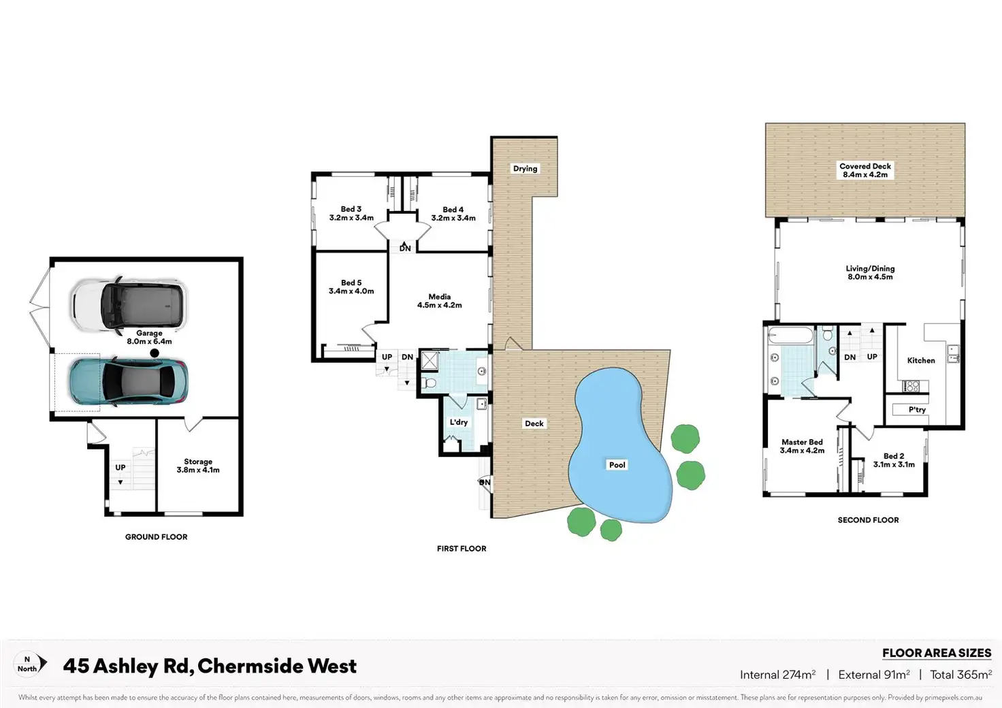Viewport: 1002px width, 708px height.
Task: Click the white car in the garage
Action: tap(129, 304)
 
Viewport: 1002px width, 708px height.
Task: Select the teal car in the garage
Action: tap(128, 382)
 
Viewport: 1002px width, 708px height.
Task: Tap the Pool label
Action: tap(617, 465)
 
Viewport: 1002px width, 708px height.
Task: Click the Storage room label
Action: tap(198, 466)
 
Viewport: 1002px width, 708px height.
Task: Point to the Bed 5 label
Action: tap(351, 287)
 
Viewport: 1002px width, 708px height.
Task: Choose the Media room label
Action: tap(440, 301)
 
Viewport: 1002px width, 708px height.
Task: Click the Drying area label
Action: tap(525, 169)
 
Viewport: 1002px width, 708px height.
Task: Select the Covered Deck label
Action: tap(864, 170)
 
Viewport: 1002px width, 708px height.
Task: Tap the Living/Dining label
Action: tap(870, 272)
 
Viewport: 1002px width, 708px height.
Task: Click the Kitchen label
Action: tap(921, 361)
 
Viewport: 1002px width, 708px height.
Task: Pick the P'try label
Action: tap(917, 410)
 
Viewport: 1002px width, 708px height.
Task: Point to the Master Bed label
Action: tap(802, 446)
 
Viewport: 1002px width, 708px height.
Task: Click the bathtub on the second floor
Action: tap(790, 336)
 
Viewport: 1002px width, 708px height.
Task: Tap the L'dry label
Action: tap(459, 422)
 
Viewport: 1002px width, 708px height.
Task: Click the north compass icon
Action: tap(31, 664)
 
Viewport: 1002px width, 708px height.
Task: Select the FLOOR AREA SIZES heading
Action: tap(937, 653)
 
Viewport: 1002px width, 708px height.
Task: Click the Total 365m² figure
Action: tap(960, 675)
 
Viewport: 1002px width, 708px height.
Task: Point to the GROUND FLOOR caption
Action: tap(156, 537)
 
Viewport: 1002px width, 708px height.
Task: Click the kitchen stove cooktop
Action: tap(911, 386)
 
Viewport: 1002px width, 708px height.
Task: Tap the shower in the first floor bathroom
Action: tap(430, 359)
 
